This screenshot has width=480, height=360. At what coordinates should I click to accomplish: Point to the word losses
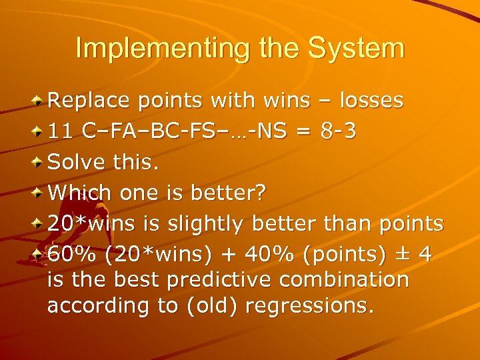(x=371, y=101)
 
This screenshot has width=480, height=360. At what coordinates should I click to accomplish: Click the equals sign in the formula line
(x=303, y=131)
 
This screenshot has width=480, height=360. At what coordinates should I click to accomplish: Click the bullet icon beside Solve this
(x=39, y=162)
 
